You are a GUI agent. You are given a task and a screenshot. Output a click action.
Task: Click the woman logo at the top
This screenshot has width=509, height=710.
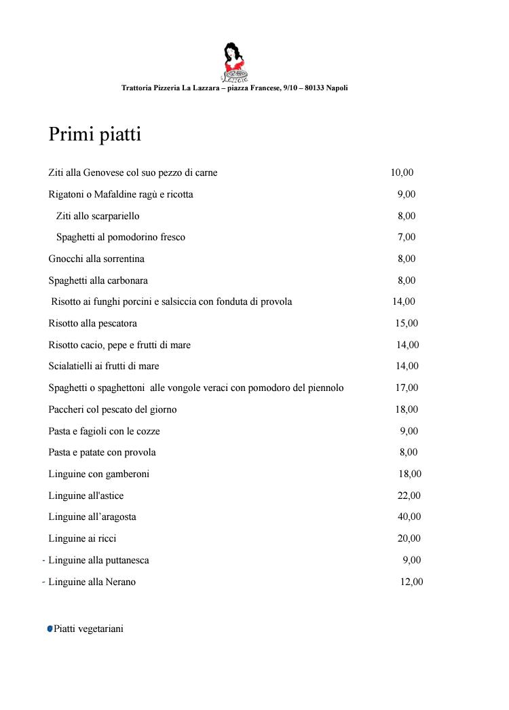click(x=235, y=62)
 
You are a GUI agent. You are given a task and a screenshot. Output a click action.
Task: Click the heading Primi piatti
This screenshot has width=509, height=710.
click(x=94, y=134)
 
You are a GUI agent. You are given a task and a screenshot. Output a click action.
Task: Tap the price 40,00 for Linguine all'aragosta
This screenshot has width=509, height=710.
click(x=409, y=517)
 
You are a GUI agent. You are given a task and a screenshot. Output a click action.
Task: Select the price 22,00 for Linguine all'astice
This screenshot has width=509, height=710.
click(x=409, y=496)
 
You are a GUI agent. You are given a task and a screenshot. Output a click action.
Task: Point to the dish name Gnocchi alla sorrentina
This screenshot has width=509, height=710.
click(x=96, y=259)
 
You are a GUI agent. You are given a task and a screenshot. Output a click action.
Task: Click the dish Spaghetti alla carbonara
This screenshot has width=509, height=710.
click(x=98, y=280)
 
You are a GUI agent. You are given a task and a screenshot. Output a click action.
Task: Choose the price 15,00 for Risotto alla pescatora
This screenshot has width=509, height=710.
click(x=407, y=323)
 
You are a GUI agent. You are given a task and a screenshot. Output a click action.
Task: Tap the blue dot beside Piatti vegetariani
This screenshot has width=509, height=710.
click(x=50, y=629)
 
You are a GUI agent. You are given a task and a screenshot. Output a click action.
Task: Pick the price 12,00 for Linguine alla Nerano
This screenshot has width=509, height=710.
click(x=411, y=582)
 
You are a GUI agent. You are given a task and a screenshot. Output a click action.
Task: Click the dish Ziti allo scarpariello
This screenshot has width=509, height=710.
click(x=98, y=216)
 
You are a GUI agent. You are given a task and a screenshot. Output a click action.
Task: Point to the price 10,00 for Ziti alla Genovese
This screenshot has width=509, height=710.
click(x=402, y=172)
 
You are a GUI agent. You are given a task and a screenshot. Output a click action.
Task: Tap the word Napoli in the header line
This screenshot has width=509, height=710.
click(x=337, y=88)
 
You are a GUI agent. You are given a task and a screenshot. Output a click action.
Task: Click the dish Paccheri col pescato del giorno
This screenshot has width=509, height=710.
click(x=112, y=409)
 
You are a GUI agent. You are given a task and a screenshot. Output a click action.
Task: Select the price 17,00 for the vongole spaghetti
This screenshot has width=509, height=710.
click(x=407, y=388)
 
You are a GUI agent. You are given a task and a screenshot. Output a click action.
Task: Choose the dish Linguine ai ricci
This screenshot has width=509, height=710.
click(x=82, y=538)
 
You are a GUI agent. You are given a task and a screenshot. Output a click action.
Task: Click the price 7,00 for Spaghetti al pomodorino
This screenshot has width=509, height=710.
click(x=407, y=237)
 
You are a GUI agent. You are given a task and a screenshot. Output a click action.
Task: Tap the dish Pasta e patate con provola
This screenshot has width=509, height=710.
click(x=102, y=452)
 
